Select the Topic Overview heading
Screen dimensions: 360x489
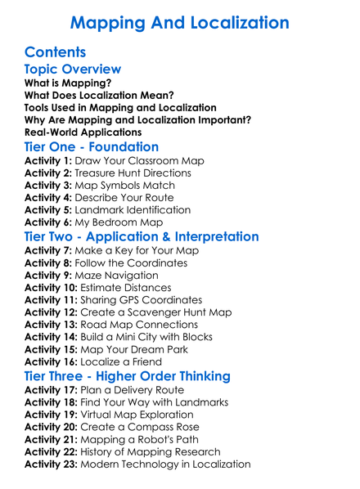(x=73, y=70)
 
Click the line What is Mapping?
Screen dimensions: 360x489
(x=68, y=83)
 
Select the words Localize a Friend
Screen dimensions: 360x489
(x=120, y=361)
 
